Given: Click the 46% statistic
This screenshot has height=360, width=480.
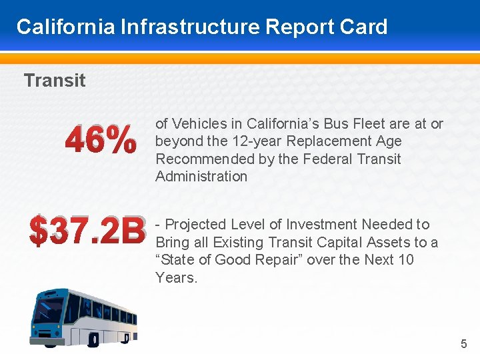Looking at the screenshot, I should click(100, 141).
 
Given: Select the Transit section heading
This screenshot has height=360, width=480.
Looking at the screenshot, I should click(55, 81).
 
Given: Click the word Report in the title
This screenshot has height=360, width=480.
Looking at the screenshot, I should click(298, 27).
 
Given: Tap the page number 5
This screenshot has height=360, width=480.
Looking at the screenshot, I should click(464, 344).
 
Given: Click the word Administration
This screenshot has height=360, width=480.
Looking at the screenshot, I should click(201, 177).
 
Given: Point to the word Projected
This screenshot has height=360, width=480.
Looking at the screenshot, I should click(196, 225).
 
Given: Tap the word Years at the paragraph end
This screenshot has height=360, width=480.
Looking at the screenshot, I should click(176, 277).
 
